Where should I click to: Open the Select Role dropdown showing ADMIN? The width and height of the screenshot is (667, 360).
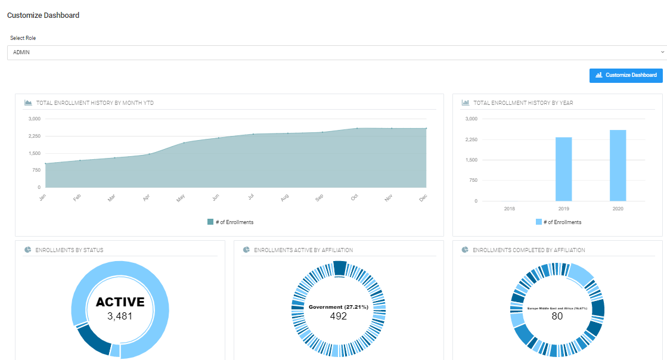(x=337, y=52)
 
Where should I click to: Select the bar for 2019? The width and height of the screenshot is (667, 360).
(x=563, y=169)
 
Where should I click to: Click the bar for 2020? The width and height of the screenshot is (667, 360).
(x=618, y=166)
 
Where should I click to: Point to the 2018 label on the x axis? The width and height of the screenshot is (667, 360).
(x=509, y=209)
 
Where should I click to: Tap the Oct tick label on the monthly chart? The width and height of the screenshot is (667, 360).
(x=355, y=197)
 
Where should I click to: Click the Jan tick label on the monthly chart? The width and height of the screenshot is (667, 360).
(x=43, y=197)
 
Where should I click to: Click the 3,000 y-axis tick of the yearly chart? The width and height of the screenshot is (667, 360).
(x=471, y=119)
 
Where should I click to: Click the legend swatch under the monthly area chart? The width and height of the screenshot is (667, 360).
(x=210, y=222)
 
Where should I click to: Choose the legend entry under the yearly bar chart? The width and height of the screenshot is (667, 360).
(x=558, y=222)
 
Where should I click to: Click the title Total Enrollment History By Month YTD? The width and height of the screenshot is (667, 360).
(x=95, y=103)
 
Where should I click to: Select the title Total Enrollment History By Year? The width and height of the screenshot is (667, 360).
(x=523, y=103)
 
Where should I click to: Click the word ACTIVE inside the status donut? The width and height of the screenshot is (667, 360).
(x=120, y=302)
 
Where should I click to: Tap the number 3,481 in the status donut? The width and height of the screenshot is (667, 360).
(x=120, y=316)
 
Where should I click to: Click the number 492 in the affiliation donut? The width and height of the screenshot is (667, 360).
(x=338, y=316)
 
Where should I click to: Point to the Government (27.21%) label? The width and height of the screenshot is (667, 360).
(x=338, y=307)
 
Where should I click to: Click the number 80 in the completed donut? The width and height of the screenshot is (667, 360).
(x=557, y=316)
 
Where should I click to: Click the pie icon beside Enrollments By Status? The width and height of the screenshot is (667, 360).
(x=28, y=250)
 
